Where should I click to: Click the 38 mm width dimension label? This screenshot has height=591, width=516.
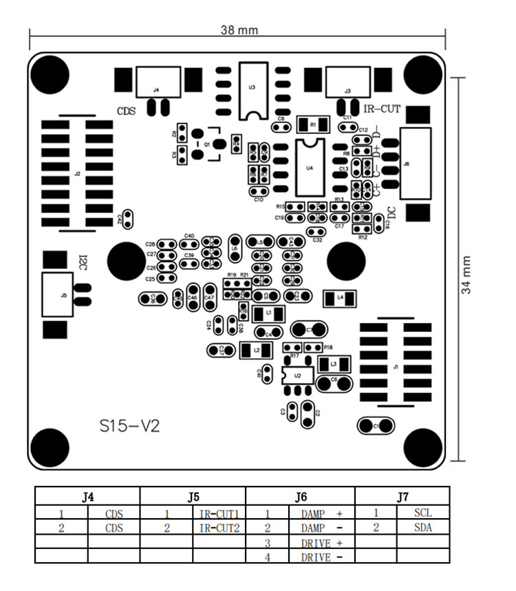pyautogui.click(x=239, y=30)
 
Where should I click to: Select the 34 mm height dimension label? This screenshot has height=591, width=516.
pyautogui.click(x=467, y=275)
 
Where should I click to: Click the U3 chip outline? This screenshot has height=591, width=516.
pyautogui.click(x=252, y=89)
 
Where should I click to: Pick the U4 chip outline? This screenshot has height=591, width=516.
pyautogui.click(x=310, y=167)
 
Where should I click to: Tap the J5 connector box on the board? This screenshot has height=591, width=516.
pyautogui.click(x=57, y=294)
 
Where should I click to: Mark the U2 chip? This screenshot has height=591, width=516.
pyautogui.click(x=297, y=375)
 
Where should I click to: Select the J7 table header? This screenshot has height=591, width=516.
pyautogui.click(x=402, y=497)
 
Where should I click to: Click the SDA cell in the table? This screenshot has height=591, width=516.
pyautogui.click(x=422, y=528)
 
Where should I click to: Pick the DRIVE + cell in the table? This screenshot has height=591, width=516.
pyautogui.click(x=322, y=543)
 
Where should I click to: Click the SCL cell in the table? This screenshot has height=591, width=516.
pyautogui.click(x=422, y=513)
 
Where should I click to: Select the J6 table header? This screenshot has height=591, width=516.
pyautogui.click(x=301, y=497)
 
